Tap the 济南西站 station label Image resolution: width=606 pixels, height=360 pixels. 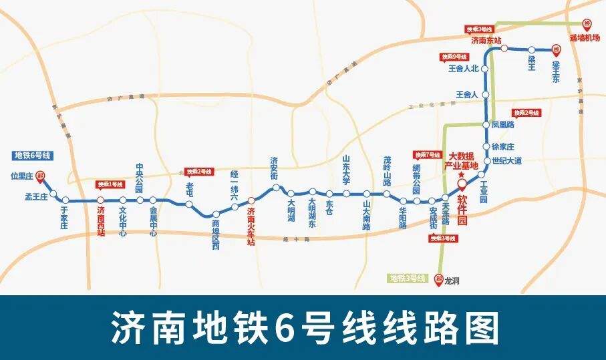[x=101, y=222]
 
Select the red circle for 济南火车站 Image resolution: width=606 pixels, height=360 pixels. [x=251, y=200]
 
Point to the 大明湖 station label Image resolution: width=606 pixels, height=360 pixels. [x=291, y=210]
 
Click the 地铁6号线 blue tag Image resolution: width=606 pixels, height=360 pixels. [x=33, y=156]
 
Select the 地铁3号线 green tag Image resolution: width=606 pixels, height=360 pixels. [x=407, y=277]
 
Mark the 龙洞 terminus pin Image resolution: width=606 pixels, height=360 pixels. [x=439, y=279]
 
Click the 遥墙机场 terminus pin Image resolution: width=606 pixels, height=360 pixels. [x=586, y=23]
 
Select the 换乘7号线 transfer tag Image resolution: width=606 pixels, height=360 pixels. [x=427, y=154]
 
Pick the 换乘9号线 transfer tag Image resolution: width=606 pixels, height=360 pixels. [x=454, y=57]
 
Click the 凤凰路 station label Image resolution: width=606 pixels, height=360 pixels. [x=502, y=124]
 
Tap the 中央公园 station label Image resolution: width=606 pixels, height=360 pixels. [x=140, y=178]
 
